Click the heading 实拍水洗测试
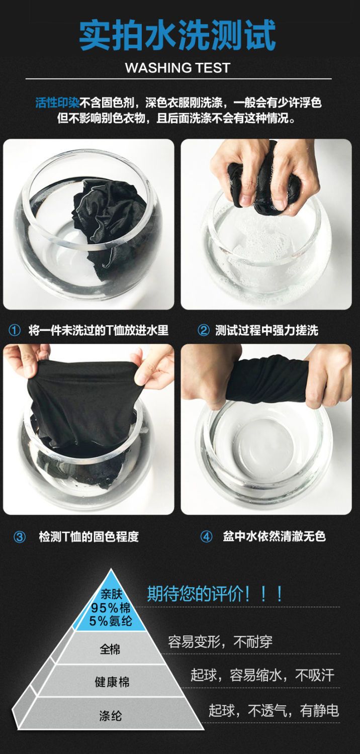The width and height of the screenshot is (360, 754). tap(177, 35)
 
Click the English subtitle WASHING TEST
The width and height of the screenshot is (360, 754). tap(177, 68)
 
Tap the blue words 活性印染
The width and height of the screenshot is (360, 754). tap(57, 103)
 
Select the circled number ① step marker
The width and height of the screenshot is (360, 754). tap(14, 330)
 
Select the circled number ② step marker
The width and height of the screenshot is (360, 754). tap(204, 330)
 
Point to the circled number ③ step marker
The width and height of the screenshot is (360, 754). tap(20, 536)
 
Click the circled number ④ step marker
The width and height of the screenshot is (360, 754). tap(206, 536)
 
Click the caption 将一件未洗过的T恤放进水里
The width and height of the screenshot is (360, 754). tap(99, 330)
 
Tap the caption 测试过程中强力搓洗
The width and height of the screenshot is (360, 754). tap(266, 330)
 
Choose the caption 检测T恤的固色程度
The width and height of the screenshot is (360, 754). tap(88, 536)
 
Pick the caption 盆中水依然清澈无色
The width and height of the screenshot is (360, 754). tap(274, 536)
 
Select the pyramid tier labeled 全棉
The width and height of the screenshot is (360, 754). tap(110, 648)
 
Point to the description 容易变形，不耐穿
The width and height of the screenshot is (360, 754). tap(220, 642)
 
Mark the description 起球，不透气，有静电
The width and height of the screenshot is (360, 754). tap(274, 710)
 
